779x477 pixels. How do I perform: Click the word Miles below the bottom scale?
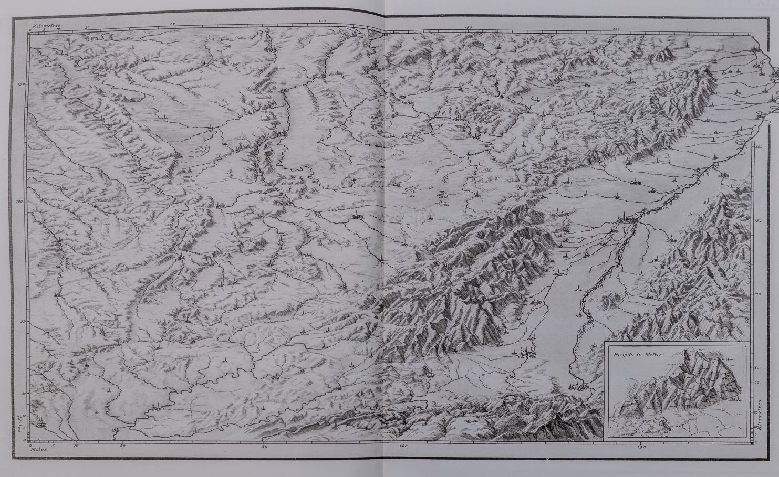(x=38, y=450)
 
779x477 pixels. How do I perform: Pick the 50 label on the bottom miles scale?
(x=264, y=447)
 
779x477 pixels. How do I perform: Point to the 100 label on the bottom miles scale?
(x=403, y=447)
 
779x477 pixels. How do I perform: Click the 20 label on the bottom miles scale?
(x=123, y=447)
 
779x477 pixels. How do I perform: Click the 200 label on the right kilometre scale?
(x=757, y=147)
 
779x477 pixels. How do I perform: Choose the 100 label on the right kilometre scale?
(x=757, y=294)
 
